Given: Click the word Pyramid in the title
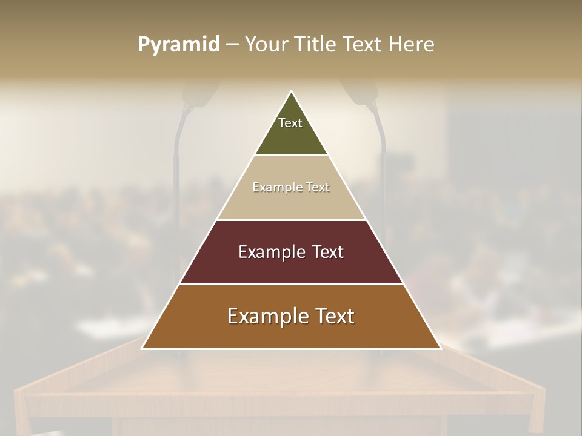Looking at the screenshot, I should (x=179, y=45).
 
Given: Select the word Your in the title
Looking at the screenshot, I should (x=266, y=45).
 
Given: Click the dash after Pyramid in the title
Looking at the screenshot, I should (x=232, y=45).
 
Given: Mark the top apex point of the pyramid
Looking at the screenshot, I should (x=292, y=91).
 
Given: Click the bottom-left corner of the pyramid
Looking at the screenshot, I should (x=142, y=348).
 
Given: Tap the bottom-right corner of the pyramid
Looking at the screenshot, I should (x=440, y=348).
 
